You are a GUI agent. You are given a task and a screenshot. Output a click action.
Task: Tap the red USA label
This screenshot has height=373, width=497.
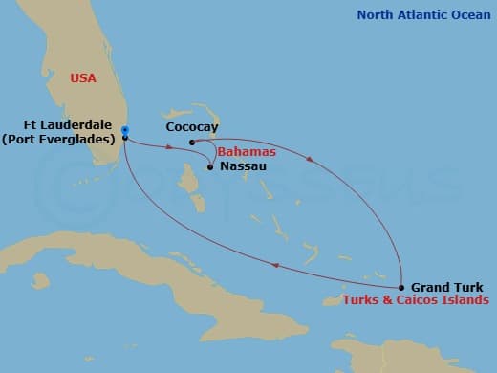pos(83,78)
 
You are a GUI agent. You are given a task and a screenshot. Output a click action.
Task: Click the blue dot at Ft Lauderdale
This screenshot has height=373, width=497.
pos(125,130)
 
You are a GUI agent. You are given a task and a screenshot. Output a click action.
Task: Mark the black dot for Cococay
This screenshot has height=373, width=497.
pos(192,143)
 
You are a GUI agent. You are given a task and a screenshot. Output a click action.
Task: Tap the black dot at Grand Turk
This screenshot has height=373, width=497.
pos(401,287)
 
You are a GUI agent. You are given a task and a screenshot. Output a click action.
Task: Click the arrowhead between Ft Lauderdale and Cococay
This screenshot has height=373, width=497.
pos(169,147)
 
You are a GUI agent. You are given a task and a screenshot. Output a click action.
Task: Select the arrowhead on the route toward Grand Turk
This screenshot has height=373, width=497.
pos(308,162)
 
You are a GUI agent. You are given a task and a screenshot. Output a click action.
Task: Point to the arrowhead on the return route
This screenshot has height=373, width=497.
pos(276,267)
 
